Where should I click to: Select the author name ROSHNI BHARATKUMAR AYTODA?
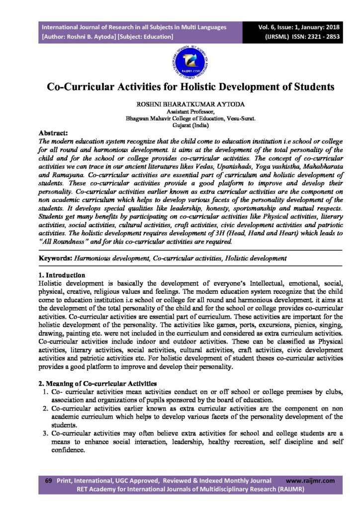(x=180, y=105)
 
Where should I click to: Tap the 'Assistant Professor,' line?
(x=180, y=113)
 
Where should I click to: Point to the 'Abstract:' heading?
(x=54, y=133)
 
